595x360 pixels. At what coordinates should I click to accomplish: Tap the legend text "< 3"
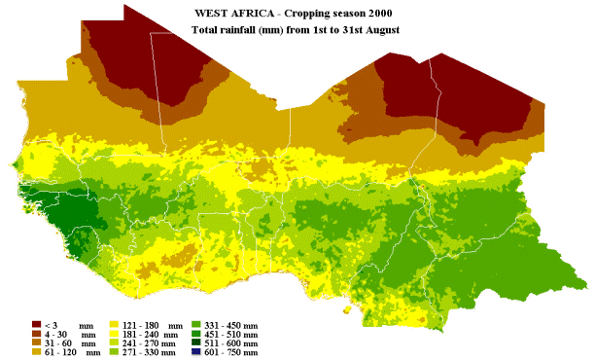(52, 323)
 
